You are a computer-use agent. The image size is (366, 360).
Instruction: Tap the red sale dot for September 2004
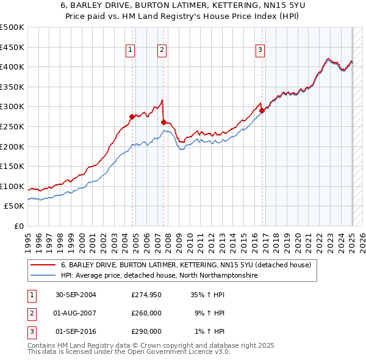click(x=132, y=116)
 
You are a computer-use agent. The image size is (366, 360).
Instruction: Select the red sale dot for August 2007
click(x=163, y=122)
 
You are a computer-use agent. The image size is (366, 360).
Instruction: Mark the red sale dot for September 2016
click(x=262, y=110)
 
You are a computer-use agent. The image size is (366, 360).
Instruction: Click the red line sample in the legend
click(x=43, y=265)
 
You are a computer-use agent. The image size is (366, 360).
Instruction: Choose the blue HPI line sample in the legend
click(x=43, y=275)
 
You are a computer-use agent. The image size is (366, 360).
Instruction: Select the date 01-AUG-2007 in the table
click(x=76, y=313)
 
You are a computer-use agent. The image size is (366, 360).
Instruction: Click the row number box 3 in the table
click(x=31, y=331)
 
